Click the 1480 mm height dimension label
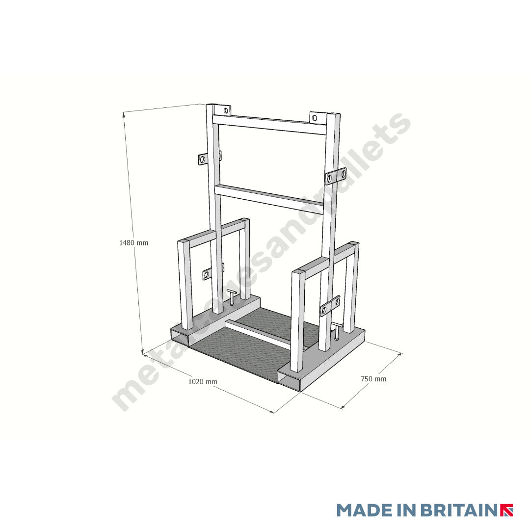pos(133,242)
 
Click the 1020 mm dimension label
pos(203,381)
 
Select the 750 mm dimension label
pos(373,379)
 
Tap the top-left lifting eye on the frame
pos(225,109)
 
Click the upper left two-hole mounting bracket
pos(203,159)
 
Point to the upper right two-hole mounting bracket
pos(336,176)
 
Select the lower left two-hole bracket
pos(207,274)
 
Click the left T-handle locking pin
pos(232,296)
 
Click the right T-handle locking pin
pos(337,331)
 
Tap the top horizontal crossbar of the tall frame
pos(269,124)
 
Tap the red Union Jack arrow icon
pos(506,510)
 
